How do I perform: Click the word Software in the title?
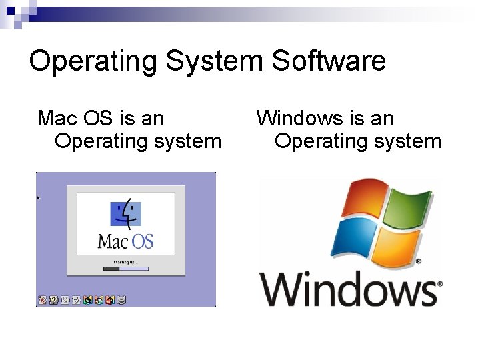329,61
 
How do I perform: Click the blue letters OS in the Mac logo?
141,240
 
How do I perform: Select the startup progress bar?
125,269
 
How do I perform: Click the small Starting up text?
125,262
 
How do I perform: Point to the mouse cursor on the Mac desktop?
39,198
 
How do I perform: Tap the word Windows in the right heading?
299,119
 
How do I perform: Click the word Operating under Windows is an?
319,141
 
